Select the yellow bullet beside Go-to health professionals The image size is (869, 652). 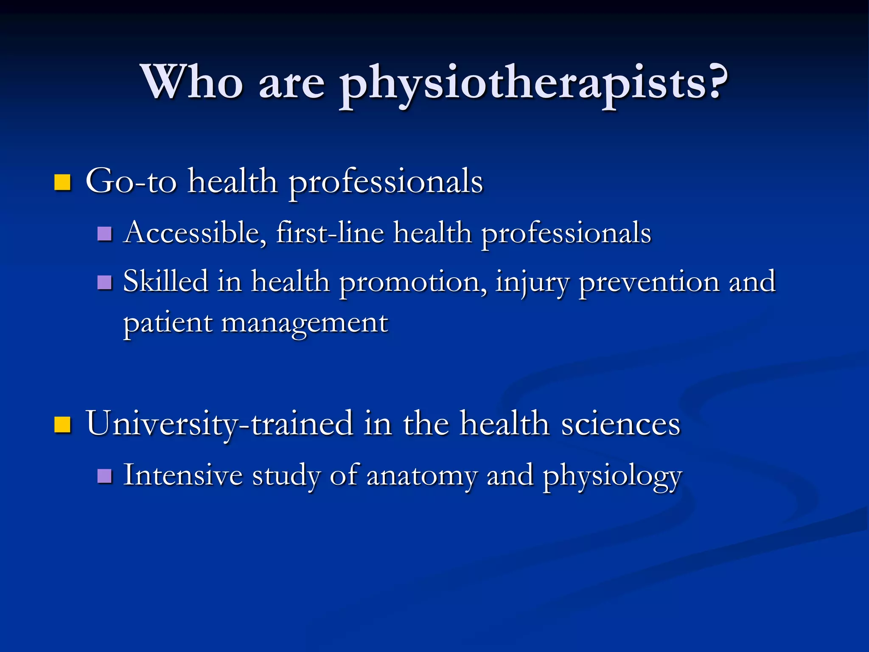point(63,183)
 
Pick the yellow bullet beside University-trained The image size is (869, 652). point(63,424)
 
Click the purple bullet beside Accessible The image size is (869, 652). point(104,233)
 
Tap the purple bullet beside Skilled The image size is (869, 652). point(104,282)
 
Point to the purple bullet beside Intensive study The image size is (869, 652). point(104,476)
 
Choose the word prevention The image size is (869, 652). point(649,282)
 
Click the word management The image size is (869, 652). point(304,323)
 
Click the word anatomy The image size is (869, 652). point(422,476)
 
